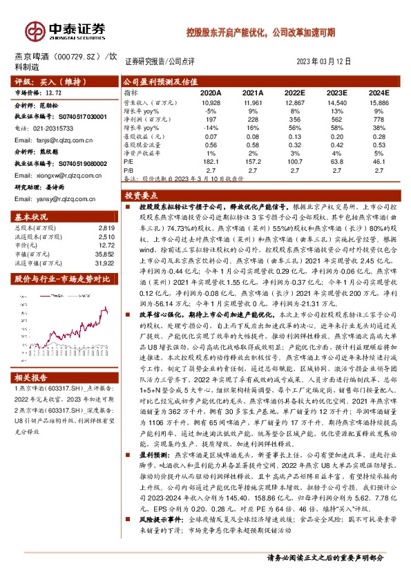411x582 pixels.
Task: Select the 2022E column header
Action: tap(295, 91)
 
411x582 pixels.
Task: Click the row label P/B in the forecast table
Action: tap(128, 168)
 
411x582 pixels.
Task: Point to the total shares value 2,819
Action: tap(105, 227)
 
